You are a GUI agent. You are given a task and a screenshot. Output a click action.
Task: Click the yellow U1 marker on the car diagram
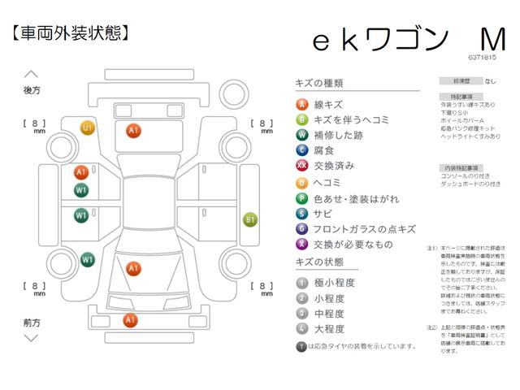tap(88, 128)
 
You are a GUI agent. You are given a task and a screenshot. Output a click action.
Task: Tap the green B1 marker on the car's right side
tap(251, 219)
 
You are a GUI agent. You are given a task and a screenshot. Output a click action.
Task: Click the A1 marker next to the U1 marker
tap(134, 129)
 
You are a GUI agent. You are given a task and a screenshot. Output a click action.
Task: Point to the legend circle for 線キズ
tap(301, 104)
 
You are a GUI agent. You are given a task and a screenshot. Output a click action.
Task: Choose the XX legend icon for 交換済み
tap(301, 166)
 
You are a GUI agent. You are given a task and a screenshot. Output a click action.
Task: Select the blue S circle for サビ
tap(301, 213)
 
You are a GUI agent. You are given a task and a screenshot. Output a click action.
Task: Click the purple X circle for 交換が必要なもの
tap(301, 244)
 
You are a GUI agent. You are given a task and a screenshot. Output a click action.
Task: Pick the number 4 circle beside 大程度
tap(301, 329)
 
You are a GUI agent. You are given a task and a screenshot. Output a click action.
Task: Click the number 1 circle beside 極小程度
tap(301, 283)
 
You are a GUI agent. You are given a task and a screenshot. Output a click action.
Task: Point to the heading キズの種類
tap(319, 83)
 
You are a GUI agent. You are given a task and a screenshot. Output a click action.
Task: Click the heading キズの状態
tap(319, 262)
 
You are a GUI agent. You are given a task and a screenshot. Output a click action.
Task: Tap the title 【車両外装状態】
tap(71, 32)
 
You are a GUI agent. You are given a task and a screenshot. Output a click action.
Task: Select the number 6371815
tap(482, 58)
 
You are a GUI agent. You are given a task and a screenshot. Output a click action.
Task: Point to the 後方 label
tap(32, 91)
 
